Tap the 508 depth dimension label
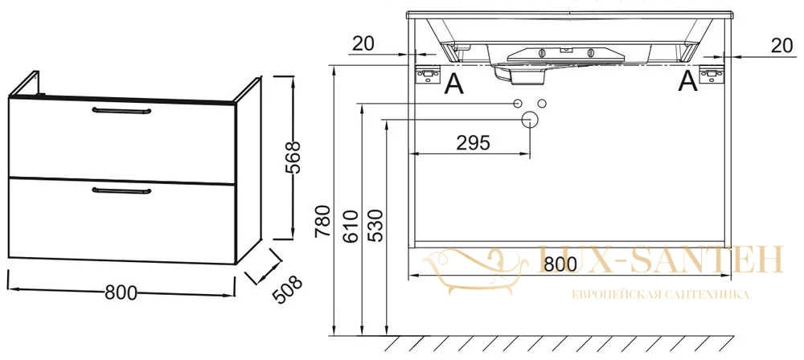coord(286,289)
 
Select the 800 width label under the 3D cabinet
coord(121,292)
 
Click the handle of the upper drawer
coord(121,110)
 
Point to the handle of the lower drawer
coord(121,190)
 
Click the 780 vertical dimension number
coord(322,221)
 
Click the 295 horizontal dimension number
coord(473,143)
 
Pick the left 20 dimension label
coord(363,44)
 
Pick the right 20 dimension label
coord(781,46)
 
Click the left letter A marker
coord(453,84)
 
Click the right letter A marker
coord(687,81)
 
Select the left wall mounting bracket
coord(428,75)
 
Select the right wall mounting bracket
coord(712,75)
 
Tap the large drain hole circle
coord(529,120)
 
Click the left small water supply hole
coord(518,103)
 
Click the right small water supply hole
coord(541,103)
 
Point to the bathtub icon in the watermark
coord(474,270)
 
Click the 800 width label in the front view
coord(560,264)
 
